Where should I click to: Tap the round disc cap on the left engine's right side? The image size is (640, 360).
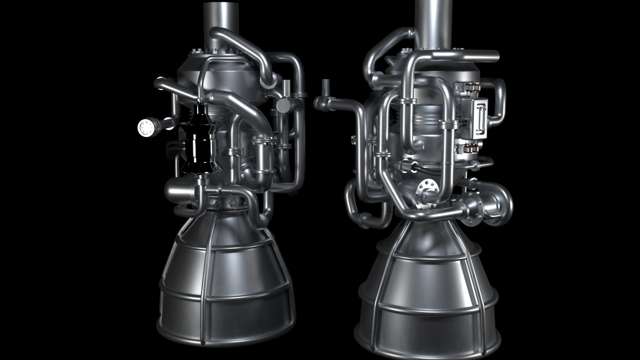[284, 106]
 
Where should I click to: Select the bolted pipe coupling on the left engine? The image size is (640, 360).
[265, 140]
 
